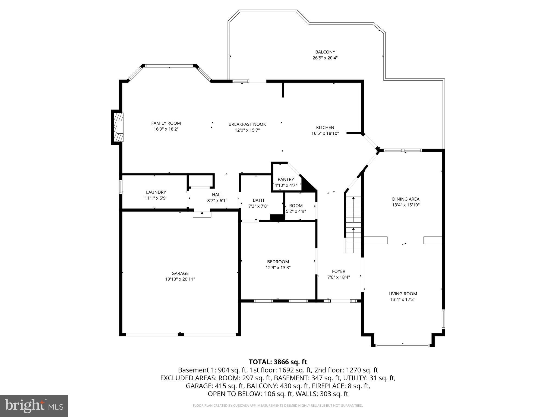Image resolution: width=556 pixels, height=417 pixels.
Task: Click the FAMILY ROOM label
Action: point(166,123)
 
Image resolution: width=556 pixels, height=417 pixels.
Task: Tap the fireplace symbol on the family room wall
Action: point(118,127)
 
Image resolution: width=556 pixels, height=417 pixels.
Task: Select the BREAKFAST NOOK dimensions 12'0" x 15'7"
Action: point(247,130)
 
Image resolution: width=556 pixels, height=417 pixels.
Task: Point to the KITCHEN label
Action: point(325,127)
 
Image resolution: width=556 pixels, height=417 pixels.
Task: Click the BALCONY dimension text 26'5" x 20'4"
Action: point(325,58)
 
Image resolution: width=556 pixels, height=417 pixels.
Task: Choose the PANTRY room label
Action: point(286,179)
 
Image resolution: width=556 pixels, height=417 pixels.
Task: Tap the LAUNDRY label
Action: point(156,192)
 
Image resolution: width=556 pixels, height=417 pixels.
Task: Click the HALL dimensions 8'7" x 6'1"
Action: point(217,201)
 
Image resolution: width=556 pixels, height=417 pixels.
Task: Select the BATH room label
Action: point(258,200)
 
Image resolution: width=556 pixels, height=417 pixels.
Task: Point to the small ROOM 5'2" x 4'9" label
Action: point(296,206)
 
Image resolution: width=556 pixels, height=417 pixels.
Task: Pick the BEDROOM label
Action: point(278,262)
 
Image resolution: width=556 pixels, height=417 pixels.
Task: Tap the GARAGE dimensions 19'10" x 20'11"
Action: point(180,279)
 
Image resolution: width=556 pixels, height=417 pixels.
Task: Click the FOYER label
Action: point(339,271)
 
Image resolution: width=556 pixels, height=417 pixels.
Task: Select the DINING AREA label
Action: point(406,199)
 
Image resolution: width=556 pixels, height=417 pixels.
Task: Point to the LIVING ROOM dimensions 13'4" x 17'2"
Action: point(403,299)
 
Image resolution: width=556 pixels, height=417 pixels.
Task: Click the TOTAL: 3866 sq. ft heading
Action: point(278,362)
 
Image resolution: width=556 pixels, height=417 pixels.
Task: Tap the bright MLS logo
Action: point(34,406)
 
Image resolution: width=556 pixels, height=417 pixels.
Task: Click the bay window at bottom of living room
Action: point(403,345)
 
